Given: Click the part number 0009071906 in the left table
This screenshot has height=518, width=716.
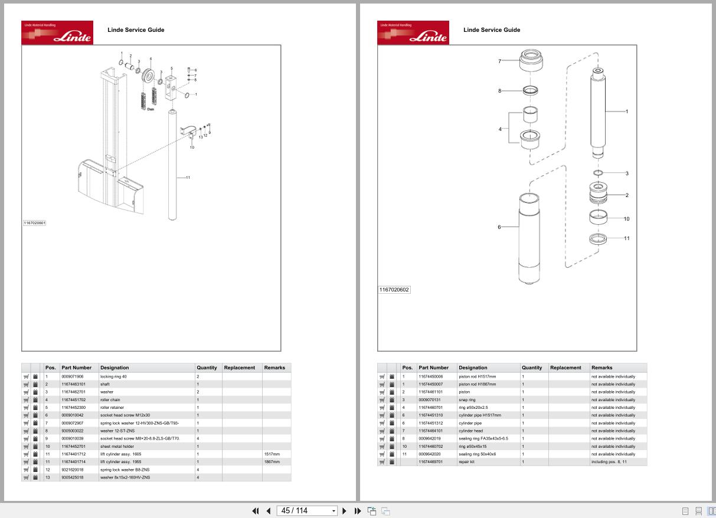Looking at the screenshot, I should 73,376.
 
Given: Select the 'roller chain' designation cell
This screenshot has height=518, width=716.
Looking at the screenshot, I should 110,400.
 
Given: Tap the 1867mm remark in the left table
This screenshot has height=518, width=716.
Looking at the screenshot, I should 272,462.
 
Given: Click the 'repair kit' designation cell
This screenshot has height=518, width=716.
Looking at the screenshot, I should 466,462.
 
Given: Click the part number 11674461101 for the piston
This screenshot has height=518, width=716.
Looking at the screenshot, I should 430,392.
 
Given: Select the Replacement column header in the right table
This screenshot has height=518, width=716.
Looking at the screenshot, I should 565,368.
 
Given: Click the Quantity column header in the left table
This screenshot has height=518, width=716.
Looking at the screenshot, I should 207,368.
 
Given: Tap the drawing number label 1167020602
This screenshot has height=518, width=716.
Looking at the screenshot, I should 394,290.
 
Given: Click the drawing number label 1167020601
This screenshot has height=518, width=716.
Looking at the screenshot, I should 34,223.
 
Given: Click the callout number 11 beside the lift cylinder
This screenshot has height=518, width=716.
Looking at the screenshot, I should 188,178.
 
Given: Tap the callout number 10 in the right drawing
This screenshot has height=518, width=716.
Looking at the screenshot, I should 626,219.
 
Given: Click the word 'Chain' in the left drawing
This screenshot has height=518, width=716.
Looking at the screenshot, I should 151,109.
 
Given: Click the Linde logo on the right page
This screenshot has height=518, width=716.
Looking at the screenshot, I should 413,33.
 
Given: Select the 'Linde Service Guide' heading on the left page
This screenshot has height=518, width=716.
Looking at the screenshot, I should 136,29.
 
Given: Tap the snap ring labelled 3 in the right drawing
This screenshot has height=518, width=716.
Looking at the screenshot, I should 598,173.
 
